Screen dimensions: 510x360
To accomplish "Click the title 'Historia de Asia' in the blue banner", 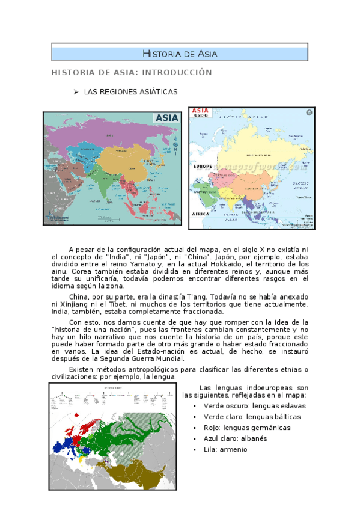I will coord(180,54).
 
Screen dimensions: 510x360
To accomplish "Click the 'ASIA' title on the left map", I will coord(167,118).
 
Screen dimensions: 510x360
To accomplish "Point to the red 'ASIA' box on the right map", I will coord(200,112).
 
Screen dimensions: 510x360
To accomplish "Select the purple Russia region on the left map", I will coord(108,135).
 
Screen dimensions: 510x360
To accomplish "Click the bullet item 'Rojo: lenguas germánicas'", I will coord(246,428).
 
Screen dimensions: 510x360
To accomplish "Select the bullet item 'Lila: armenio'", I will coord(225,449).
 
